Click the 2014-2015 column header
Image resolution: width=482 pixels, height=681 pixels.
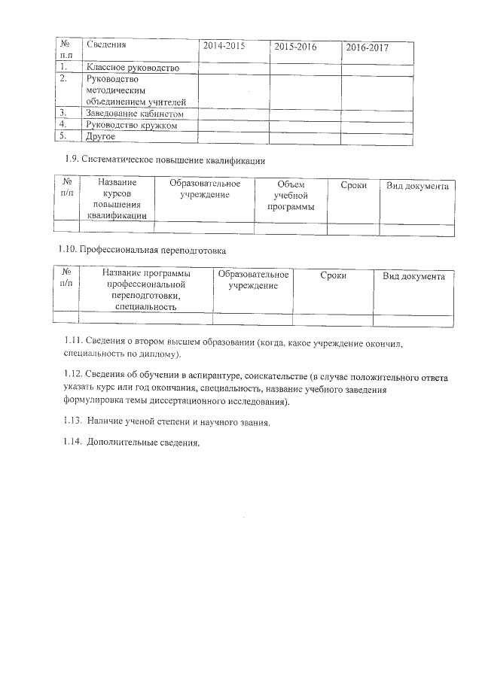[224, 46]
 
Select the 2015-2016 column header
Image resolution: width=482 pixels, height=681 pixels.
[295, 47]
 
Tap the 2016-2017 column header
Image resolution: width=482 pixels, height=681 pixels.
[368, 47]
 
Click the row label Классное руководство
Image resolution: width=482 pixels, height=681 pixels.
[133, 68]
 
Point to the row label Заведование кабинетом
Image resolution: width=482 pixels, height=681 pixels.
[136, 114]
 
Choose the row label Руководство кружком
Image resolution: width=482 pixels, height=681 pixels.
[132, 125]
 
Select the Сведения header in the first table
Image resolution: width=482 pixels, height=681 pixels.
[105, 45]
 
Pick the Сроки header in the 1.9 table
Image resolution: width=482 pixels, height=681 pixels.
[353, 185]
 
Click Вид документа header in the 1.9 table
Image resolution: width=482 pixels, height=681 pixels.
[417, 186]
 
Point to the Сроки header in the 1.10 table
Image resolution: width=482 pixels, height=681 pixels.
[333, 276]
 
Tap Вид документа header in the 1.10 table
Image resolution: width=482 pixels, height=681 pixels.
[413, 276]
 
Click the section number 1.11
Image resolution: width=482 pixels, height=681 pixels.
[73, 342]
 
